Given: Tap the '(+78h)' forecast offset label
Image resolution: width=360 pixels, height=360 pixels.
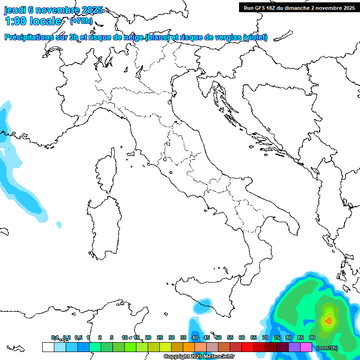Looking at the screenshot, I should click(81, 21).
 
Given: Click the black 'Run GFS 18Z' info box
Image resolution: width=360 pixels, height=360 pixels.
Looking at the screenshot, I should click(299, 7).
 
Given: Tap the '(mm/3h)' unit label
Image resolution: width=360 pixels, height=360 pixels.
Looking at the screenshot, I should click(327, 348).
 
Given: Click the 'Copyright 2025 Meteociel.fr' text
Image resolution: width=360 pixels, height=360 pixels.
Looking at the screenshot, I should click(199, 357).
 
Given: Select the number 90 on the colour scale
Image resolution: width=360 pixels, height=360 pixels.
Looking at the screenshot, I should click(312, 337).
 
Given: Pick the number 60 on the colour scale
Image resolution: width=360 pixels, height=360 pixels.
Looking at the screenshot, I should click(242, 337).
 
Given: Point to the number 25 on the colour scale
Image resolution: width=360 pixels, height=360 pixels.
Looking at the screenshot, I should click(159, 337).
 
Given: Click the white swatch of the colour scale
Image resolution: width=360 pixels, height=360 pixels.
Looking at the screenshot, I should click(48, 347).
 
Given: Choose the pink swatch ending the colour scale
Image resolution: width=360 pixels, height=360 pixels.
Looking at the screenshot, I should click(306, 347).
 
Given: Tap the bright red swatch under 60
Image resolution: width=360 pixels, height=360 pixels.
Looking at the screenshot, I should click(247, 347).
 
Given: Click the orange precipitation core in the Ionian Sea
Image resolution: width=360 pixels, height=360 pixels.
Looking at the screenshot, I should click(328, 321).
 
